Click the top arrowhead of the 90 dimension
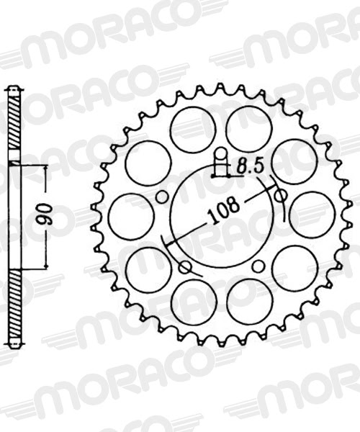coord(46,167)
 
